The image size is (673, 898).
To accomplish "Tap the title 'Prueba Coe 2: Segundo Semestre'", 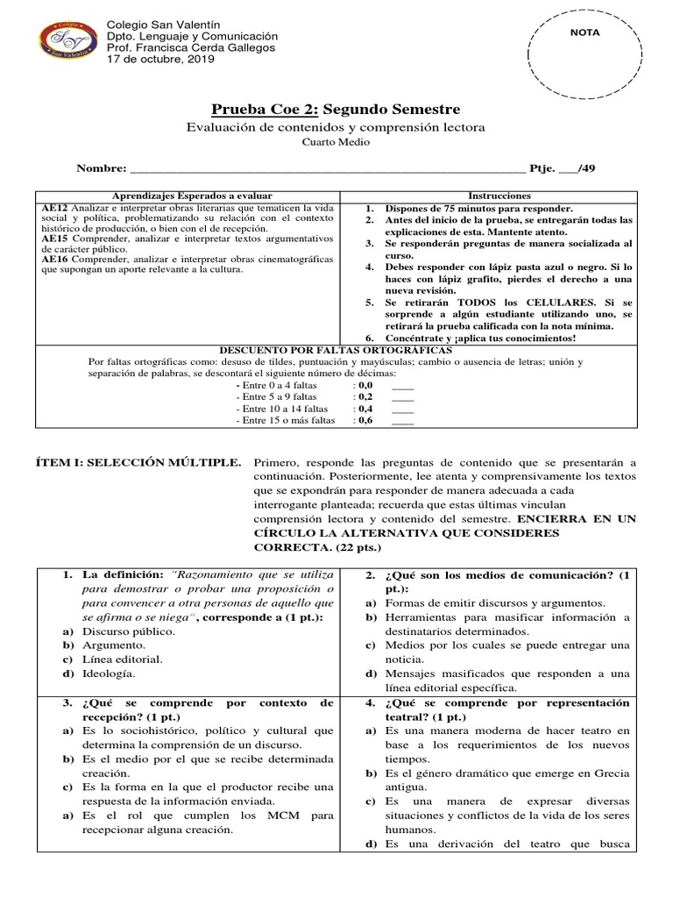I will [x=336, y=109].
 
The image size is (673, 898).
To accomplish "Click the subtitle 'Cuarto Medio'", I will [x=336, y=142].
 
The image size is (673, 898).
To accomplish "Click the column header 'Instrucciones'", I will [x=499, y=196].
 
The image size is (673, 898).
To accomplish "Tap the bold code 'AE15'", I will [x=54, y=238].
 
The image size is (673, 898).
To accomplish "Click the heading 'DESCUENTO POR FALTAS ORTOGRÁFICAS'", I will [x=336, y=349].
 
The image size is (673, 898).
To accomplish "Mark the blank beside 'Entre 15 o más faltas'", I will [x=402, y=421].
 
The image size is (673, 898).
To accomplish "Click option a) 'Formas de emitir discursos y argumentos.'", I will [x=495, y=602].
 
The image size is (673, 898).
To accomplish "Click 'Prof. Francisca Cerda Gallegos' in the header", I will [x=190, y=48].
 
